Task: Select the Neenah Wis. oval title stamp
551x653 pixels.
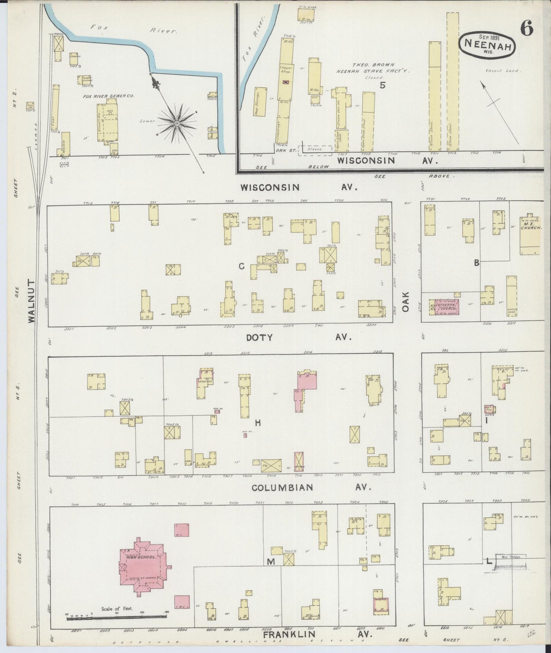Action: (x=488, y=45)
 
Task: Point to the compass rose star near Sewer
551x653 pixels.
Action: (x=177, y=124)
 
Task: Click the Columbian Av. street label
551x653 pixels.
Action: (x=309, y=487)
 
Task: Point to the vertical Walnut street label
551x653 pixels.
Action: (x=31, y=301)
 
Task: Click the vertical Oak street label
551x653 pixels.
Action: (x=405, y=302)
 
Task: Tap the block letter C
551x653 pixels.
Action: (x=241, y=266)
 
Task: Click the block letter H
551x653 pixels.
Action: (x=258, y=423)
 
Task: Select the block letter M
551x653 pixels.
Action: (x=271, y=562)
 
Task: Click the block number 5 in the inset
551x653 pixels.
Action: (x=382, y=85)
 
